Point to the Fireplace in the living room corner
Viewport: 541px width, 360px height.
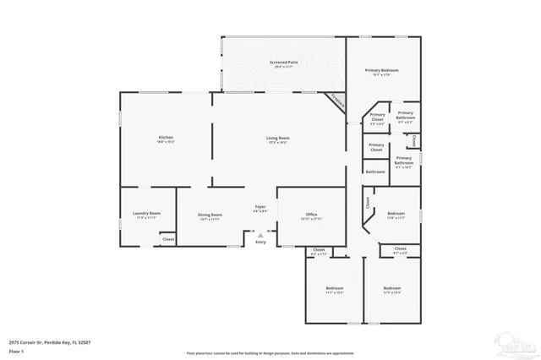pos(337,98)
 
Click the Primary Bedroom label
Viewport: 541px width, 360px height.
pos(381,72)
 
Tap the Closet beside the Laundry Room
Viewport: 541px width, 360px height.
pos(168,240)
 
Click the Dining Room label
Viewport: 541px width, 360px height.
pos(210,215)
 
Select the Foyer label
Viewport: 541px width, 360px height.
pos(261,208)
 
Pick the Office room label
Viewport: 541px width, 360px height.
pos(311,215)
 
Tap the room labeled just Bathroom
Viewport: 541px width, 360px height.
pos(375,172)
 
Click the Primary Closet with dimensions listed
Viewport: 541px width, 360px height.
pos(377,118)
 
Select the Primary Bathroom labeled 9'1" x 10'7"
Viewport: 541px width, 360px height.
pos(404,161)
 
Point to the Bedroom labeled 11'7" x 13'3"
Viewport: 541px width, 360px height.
pos(335,291)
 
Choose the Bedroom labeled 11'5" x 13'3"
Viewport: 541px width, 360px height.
pos(392,291)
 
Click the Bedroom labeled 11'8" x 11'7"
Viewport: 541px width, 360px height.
pos(396,215)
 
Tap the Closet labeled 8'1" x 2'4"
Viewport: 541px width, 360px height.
pos(400,250)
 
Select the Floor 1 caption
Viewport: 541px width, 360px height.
pos(16,350)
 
